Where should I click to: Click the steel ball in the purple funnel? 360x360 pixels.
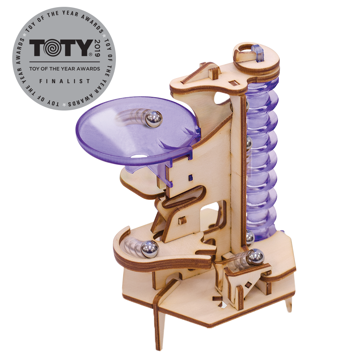154,119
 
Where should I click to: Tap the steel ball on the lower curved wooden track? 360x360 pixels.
150,248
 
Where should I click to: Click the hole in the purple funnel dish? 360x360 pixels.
138,157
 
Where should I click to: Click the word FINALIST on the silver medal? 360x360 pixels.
65,81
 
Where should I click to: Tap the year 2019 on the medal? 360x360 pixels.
97,49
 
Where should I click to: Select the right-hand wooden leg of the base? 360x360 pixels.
289,303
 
